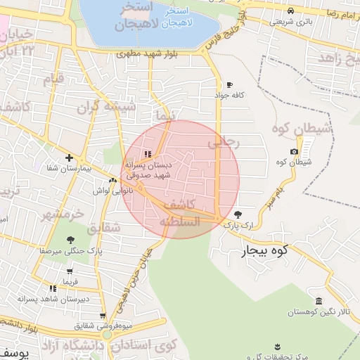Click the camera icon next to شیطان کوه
(294, 152)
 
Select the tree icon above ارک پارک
(237, 214)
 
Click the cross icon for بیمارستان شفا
(68, 158)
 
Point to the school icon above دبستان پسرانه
(147, 154)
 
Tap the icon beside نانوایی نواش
(113, 181)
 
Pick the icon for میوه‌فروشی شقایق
(103, 316)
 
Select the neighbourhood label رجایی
(224, 143)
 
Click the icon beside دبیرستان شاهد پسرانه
(53, 288)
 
